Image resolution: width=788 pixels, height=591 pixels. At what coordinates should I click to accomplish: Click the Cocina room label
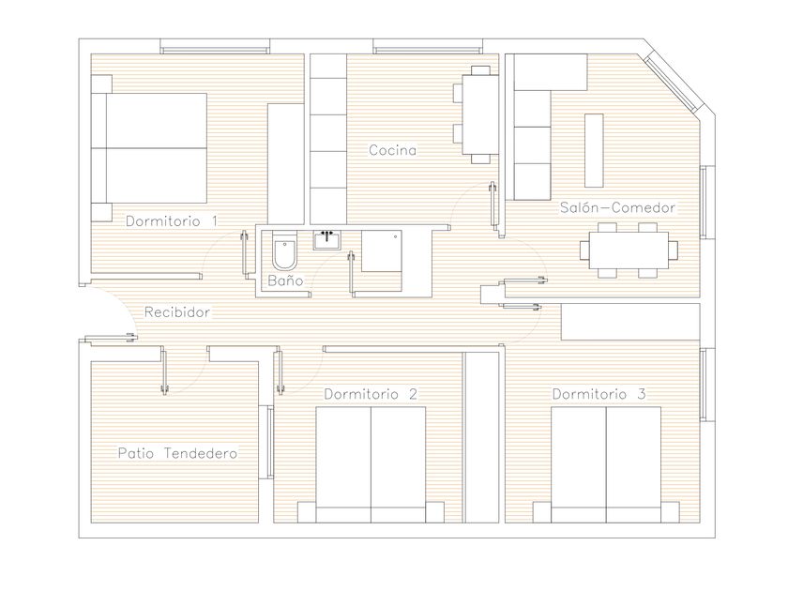392,150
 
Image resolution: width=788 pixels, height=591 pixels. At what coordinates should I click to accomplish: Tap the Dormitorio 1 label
172,220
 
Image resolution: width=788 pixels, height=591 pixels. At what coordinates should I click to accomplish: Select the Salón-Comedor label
617,207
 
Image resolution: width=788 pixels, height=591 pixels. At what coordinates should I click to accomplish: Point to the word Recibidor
177,312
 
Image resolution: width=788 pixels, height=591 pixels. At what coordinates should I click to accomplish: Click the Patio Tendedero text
177,453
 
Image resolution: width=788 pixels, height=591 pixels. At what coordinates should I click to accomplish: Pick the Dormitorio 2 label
371,394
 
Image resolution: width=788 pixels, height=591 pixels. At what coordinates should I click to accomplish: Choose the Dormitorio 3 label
599,393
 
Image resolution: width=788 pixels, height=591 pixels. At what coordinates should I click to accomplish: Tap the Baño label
285,280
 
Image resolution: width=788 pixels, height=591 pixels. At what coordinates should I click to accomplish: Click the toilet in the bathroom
285,250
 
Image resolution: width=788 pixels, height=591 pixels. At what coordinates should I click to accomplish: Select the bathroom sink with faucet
327,240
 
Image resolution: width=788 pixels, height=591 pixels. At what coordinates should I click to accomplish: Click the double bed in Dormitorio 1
149,148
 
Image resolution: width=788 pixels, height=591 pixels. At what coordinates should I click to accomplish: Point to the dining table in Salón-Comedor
629,250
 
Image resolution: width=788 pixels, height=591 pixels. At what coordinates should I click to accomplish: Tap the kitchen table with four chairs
476,114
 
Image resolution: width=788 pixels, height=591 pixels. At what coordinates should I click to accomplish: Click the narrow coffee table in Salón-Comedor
594,151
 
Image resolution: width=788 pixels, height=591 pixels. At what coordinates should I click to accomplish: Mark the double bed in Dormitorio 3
606,465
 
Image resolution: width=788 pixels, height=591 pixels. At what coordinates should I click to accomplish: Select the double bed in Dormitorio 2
371,465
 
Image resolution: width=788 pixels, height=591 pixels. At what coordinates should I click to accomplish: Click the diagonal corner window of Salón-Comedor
671,83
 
